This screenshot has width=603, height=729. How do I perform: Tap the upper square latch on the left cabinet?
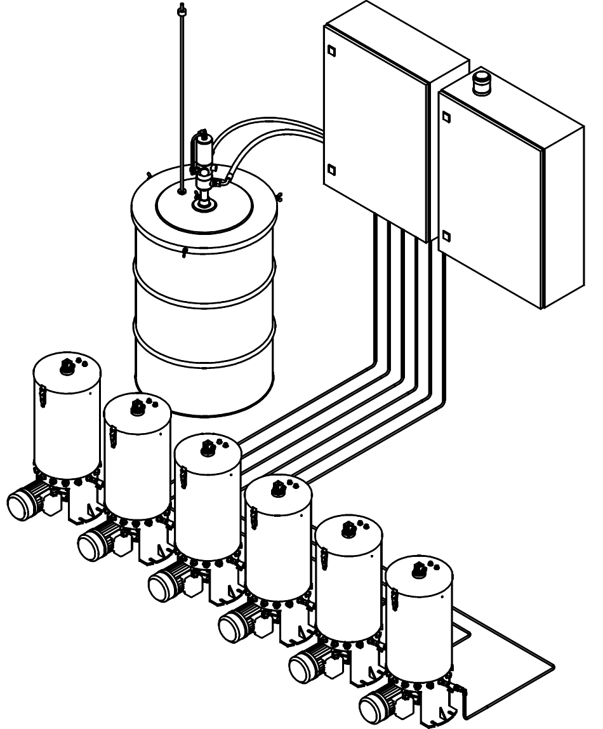[x=330, y=50]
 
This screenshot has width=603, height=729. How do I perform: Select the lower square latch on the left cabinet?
[x=330, y=170]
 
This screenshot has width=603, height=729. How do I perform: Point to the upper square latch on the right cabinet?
[x=446, y=117]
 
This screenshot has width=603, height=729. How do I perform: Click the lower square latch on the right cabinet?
[x=446, y=236]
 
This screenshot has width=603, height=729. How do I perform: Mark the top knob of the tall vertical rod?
[x=182, y=10]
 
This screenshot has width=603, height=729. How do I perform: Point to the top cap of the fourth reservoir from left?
[x=277, y=488]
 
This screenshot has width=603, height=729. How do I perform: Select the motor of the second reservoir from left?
[x=95, y=544]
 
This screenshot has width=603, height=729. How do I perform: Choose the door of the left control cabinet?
[x=374, y=124]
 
